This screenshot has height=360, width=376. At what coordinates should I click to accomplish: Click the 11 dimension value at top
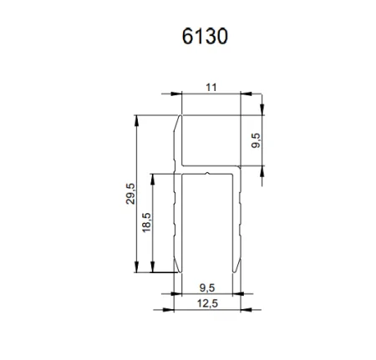[x=211, y=86]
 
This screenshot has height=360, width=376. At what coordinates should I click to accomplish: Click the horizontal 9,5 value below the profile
[x=209, y=286]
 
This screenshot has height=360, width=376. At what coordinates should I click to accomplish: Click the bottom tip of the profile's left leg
[x=177, y=271]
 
